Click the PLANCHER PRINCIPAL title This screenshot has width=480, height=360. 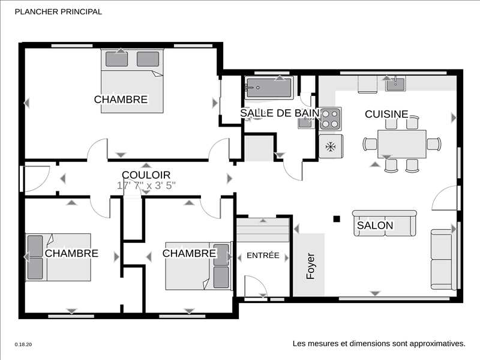click(58, 11)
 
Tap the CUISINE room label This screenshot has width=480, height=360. click(386, 114)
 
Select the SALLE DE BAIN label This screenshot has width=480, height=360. click(280, 113)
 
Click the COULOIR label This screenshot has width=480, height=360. click(146, 175)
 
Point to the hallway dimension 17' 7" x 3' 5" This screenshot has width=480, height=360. click(146, 185)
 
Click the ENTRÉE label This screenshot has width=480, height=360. click(263, 256)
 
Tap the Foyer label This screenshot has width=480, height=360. click(310, 266)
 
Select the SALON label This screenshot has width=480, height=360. click(375, 226)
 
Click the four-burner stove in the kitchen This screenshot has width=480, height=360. click(331, 119)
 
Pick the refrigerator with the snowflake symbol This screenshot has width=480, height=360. click(331, 146)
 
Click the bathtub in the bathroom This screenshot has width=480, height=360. click(269, 88)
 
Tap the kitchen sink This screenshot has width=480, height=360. click(395, 83)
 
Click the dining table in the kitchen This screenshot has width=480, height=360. click(402, 144)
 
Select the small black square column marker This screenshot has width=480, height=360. click(337, 218)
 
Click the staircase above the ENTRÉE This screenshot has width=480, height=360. click(263, 230)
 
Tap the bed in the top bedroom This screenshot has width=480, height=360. click(132, 81)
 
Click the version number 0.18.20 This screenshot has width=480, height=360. click(23, 344)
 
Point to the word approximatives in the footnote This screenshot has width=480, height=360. click(437, 343)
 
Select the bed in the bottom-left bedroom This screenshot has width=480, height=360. click(58, 257)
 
